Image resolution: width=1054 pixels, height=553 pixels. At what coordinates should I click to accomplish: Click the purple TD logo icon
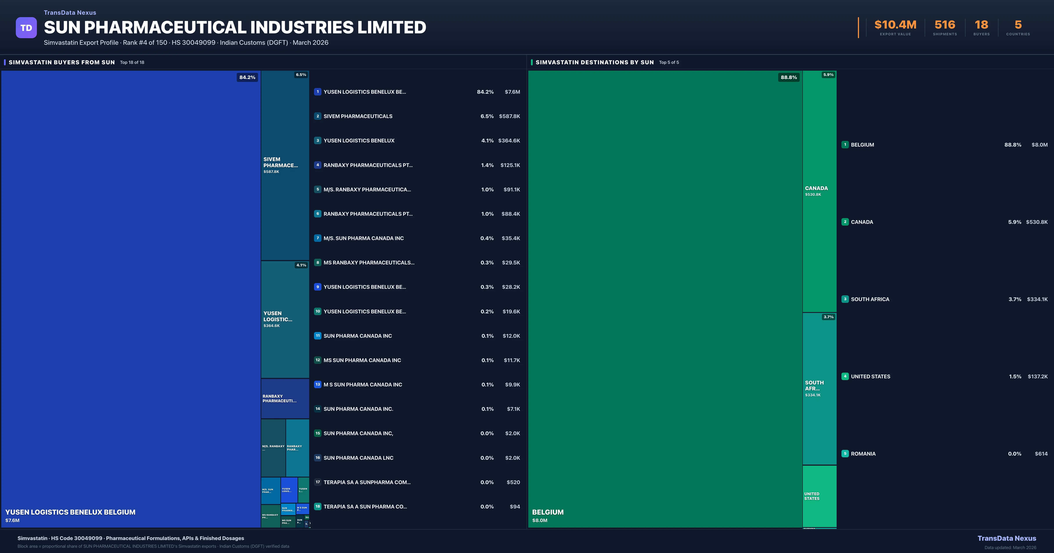tap(26, 28)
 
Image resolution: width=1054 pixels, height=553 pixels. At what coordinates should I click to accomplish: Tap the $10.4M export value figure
tap(895, 25)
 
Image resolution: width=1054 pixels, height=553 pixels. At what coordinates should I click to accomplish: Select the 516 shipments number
tap(944, 25)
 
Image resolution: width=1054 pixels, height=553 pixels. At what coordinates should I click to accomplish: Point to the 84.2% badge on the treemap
tap(247, 77)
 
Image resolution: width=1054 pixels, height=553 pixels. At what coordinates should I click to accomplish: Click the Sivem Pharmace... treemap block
tap(285, 165)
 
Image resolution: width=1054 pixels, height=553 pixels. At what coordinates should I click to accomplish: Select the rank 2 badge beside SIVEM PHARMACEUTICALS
tap(318, 116)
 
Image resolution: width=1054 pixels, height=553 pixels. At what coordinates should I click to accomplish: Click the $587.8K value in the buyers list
tap(509, 116)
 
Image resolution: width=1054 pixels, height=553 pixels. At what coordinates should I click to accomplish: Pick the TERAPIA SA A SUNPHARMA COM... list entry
tap(367, 482)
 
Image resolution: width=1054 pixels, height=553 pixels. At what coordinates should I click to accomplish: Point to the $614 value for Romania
tap(1041, 454)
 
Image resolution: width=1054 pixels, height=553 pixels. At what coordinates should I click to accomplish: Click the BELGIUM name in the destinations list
tap(862, 145)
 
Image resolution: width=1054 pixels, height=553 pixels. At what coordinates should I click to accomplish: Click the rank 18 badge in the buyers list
tap(318, 506)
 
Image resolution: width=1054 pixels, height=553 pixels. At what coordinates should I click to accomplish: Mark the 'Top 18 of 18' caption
tap(132, 63)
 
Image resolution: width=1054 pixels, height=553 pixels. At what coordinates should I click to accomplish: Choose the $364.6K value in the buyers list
tap(509, 141)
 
